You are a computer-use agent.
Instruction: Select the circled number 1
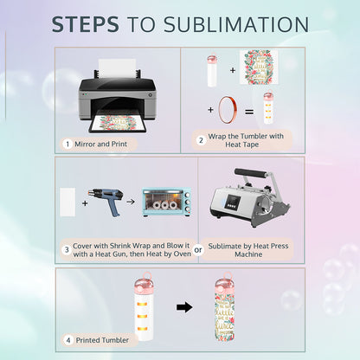coord(67,144)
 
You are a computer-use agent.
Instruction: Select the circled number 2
coord(201,138)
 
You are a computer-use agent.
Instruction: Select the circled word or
coord(198,250)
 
